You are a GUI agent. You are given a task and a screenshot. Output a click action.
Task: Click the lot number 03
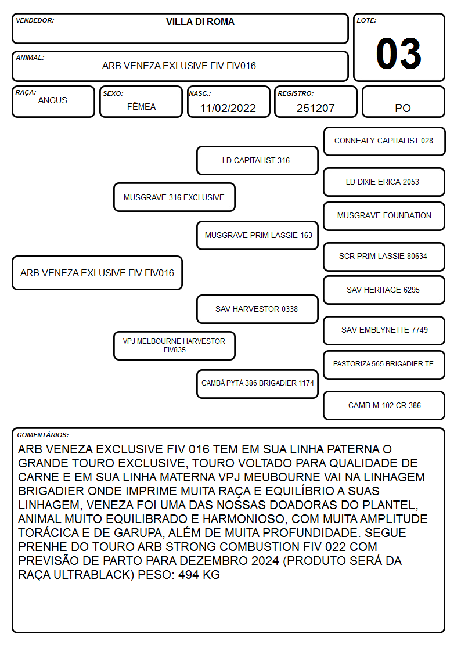(399, 53)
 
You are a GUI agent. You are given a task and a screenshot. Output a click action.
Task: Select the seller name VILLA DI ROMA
(200, 21)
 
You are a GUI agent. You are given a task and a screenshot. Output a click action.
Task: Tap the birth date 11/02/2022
(228, 108)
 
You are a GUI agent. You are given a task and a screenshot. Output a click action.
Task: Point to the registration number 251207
(315, 108)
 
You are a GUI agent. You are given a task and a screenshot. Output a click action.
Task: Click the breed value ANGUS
(52, 100)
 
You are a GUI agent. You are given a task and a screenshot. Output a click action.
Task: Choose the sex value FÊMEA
(141, 106)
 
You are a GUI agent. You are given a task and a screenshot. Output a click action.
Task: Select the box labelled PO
(403, 102)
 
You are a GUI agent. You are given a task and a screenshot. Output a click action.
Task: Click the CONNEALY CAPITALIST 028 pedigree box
(384, 142)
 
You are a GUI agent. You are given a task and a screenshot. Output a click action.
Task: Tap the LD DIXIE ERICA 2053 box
(384, 182)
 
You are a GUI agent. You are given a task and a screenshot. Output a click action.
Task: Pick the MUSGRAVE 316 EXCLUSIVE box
(174, 197)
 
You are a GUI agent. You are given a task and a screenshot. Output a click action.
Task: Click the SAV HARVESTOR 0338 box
(257, 309)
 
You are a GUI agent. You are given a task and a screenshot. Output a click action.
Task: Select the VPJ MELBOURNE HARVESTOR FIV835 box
(174, 345)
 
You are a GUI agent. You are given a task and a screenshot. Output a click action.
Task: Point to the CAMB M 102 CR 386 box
(384, 405)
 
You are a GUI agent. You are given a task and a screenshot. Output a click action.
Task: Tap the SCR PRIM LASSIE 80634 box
(384, 257)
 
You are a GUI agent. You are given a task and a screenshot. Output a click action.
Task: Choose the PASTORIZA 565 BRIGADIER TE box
(384, 365)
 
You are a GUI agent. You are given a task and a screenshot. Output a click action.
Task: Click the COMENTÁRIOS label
(43, 435)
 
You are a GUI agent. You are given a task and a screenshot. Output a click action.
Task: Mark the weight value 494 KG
(199, 575)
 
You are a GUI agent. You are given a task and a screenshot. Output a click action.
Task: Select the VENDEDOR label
(35, 20)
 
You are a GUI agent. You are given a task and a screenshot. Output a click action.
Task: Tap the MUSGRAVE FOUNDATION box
(384, 216)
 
